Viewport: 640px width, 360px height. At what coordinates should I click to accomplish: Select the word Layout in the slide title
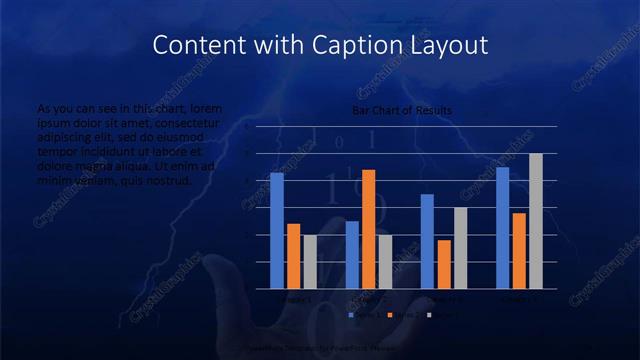coord(447,45)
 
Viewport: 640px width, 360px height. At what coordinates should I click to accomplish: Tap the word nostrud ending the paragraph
coord(169,181)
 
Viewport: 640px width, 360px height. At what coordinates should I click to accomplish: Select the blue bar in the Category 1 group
coord(276,231)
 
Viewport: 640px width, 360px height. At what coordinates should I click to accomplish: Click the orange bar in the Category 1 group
coord(293,256)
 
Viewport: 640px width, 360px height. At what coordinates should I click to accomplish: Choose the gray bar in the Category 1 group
coord(310,262)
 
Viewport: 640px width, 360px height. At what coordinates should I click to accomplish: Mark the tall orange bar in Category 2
coord(369,229)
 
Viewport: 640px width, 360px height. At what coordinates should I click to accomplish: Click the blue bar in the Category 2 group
coord(352,255)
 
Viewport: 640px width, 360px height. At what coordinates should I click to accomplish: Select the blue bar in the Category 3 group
coord(427,241)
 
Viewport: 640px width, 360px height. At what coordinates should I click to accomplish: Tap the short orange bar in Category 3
coord(444,264)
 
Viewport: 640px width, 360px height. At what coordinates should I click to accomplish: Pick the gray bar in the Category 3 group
coord(461,248)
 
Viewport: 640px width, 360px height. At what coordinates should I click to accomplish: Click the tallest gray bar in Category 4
coord(536,221)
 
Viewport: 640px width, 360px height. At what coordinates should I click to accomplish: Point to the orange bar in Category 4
coord(519,251)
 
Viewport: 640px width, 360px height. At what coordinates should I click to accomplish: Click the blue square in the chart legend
coord(352,314)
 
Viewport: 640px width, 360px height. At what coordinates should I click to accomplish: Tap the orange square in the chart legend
coord(391,314)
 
